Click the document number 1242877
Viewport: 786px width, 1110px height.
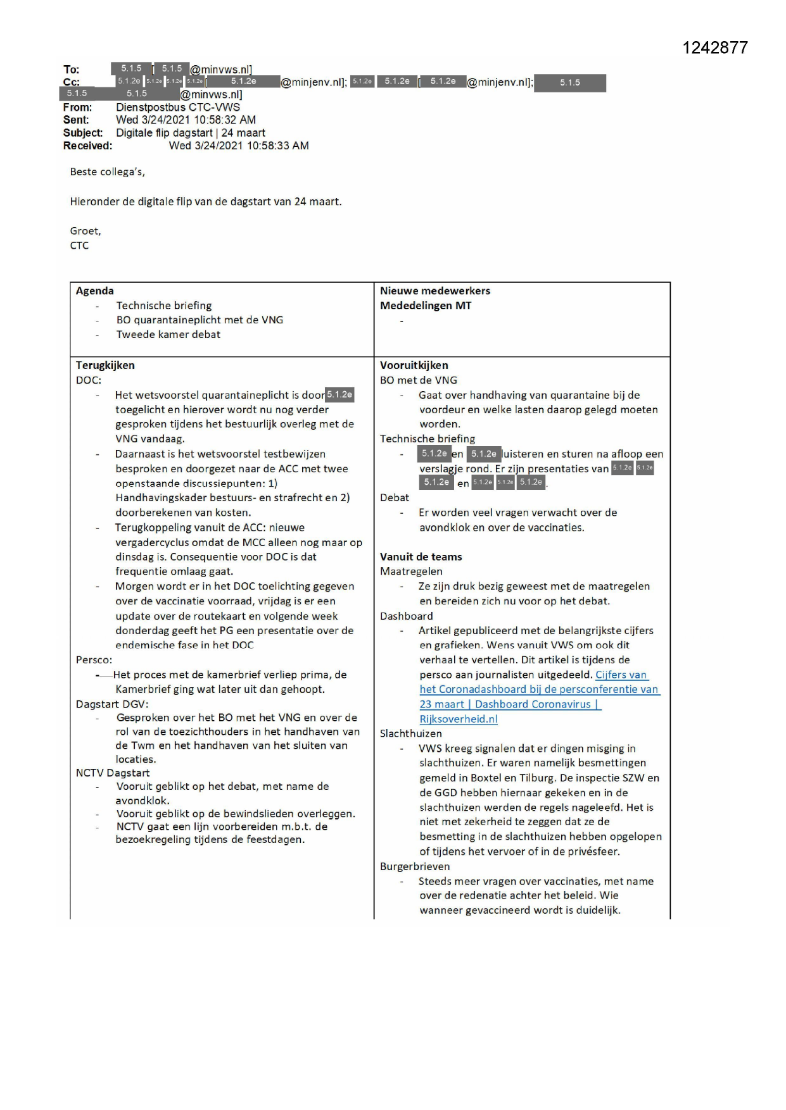[x=714, y=48]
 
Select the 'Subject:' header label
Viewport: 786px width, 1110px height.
[x=83, y=133]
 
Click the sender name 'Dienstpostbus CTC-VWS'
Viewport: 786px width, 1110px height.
[x=178, y=108]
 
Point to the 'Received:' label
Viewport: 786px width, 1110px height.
[x=87, y=146]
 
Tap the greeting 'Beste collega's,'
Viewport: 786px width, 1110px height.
[x=107, y=171]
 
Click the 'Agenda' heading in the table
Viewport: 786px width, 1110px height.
[x=95, y=291]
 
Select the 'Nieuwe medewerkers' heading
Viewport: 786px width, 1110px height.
[x=435, y=291]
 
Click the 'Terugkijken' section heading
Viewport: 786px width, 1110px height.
[x=105, y=365]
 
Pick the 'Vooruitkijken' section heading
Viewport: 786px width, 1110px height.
[x=414, y=365]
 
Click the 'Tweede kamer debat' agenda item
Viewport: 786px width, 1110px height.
[x=168, y=334]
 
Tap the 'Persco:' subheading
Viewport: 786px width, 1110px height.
[x=94, y=659]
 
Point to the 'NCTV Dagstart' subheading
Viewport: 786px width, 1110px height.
[x=113, y=773]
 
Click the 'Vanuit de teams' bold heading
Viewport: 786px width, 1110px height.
[x=421, y=557]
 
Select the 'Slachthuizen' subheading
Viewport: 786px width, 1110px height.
[x=411, y=733]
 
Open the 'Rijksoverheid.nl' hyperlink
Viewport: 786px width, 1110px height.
[x=459, y=719]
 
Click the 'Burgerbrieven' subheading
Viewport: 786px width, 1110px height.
[x=415, y=866]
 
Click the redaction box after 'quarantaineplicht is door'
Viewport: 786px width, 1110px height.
[x=339, y=395]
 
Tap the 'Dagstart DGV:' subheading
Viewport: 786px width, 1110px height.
[x=111, y=704]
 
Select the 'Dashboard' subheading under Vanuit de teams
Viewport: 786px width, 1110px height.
[x=407, y=616]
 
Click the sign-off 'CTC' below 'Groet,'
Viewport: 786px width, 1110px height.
[x=79, y=246]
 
